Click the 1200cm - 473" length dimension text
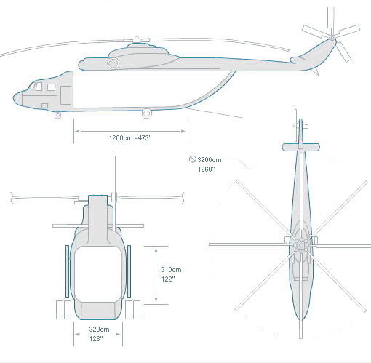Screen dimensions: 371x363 [130, 138]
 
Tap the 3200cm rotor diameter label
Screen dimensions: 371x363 [210, 160]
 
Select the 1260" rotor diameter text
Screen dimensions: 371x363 [207, 169]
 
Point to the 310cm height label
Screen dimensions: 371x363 [171, 270]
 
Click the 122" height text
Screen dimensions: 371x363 [168, 279]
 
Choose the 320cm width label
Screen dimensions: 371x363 [99, 330]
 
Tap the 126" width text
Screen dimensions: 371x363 [96, 339]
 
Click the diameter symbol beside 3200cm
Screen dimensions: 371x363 [193, 159]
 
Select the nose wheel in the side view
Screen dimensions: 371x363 [57, 116]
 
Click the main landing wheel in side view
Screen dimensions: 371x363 [146, 113]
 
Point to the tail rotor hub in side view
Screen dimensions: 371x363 [332, 38]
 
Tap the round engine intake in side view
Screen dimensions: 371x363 [113, 63]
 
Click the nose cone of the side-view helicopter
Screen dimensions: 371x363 [17, 98]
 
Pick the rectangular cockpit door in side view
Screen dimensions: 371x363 [65, 95]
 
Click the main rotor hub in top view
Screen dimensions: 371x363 [301, 245]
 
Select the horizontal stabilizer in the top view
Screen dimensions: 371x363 [300, 147]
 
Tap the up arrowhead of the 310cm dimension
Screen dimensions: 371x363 [156, 250]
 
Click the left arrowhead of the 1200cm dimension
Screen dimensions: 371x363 [77, 132]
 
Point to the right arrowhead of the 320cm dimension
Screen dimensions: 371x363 [119, 335]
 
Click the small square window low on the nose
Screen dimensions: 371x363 [44, 106]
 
